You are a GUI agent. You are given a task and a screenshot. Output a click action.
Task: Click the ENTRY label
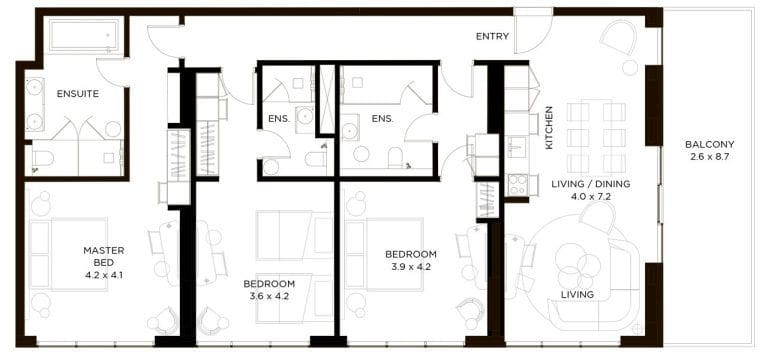(492, 37)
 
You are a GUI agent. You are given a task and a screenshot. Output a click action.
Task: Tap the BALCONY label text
(710, 144)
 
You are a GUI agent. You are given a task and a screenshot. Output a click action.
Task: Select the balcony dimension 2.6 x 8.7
(710, 158)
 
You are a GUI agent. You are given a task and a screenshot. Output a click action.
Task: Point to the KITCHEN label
(549, 128)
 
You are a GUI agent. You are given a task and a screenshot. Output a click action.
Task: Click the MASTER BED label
(103, 256)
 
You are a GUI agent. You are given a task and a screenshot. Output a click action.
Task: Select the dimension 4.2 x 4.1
(103, 274)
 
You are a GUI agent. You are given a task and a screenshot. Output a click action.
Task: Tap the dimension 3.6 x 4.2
(269, 296)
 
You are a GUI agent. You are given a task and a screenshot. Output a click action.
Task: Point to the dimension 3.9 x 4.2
(411, 267)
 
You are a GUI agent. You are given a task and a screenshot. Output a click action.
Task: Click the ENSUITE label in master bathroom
(77, 93)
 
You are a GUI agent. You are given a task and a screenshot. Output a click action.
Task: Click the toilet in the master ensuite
(43, 158)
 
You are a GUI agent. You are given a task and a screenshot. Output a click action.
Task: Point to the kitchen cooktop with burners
(517, 185)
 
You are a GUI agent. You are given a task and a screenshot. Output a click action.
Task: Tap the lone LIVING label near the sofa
(577, 294)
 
